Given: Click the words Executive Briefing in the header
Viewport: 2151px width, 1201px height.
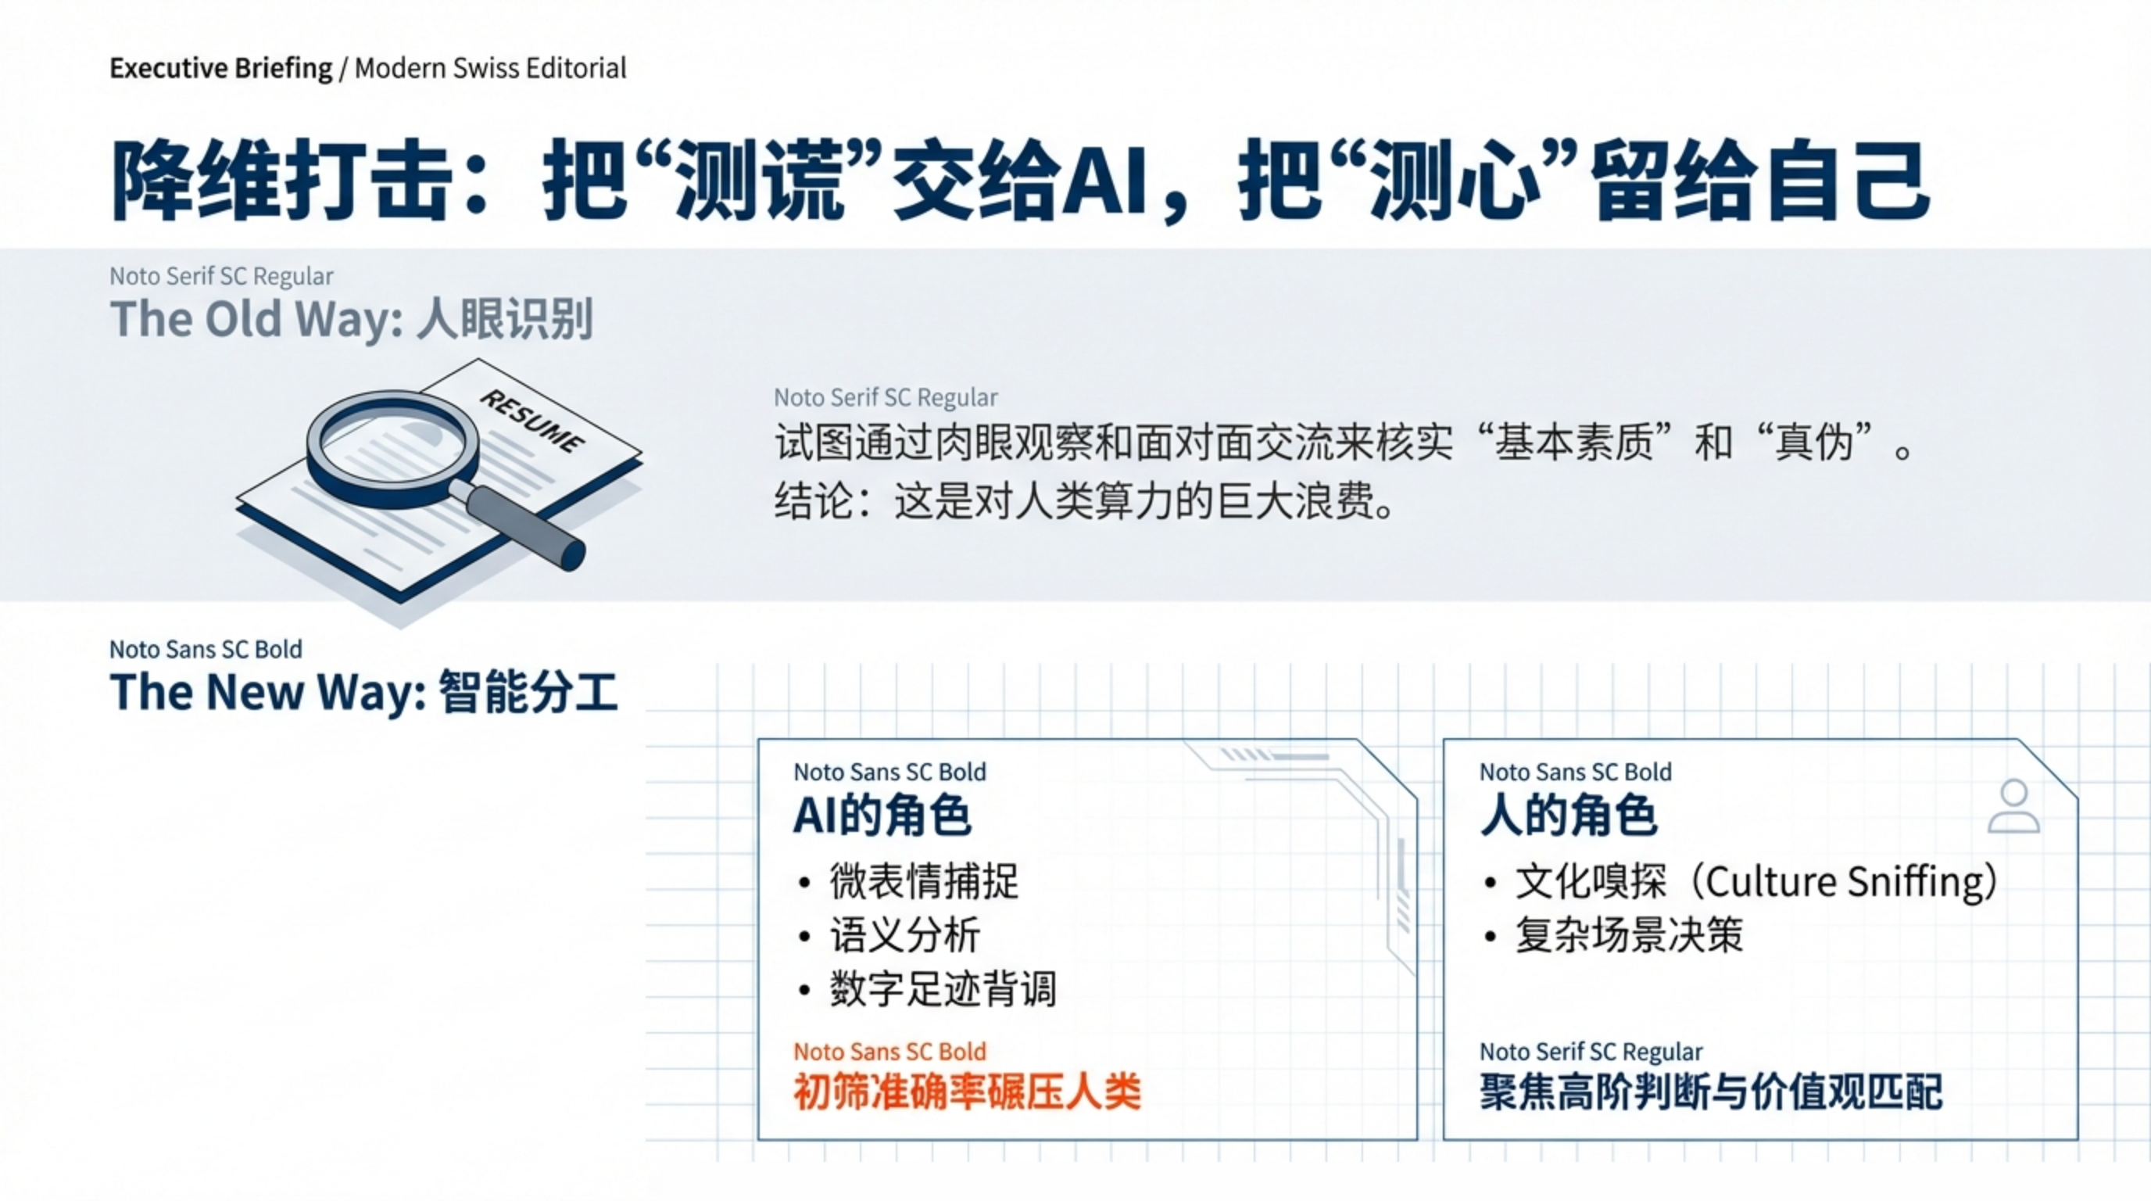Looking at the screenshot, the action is (x=221, y=69).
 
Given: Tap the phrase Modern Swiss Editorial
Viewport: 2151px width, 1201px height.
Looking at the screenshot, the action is (x=490, y=68).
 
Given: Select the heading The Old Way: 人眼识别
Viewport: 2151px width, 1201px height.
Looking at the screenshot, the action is (x=352, y=319).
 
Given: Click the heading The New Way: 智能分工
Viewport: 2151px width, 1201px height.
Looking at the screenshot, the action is (x=364, y=692).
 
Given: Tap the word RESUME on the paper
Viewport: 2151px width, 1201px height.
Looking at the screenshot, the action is (x=532, y=421).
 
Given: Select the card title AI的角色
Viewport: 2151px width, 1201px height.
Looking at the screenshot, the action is (x=882, y=816).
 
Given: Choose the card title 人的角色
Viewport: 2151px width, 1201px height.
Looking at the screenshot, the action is (x=1568, y=816).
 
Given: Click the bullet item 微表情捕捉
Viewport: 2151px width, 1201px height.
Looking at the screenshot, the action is (x=925, y=881).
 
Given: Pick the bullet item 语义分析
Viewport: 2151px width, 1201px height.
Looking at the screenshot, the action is (x=904, y=935).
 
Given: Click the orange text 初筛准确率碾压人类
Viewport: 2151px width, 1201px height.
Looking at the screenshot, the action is (x=967, y=1092).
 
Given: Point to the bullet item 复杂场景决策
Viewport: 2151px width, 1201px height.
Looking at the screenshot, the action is (x=1629, y=935).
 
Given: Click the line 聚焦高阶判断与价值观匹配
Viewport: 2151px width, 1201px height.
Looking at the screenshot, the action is (x=1712, y=1092).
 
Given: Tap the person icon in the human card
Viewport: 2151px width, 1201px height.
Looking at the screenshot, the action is (x=2013, y=806).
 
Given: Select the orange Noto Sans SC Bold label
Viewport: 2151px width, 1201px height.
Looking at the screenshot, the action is (x=889, y=1051).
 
